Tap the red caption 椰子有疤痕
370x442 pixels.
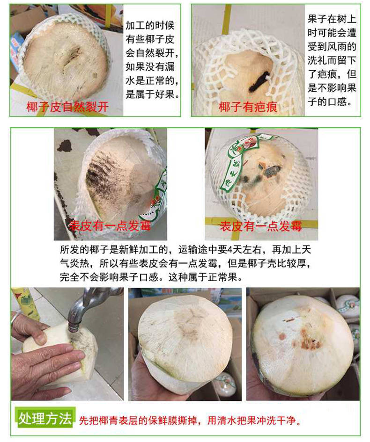coord(248,107)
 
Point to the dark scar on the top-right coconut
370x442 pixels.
coord(259,81)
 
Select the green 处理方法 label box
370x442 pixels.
coord(45,418)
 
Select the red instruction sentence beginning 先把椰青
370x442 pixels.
coord(190,420)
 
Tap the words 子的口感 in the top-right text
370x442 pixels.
coord(330,101)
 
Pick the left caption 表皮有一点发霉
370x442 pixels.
coord(110,226)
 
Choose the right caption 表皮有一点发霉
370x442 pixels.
coord(261,226)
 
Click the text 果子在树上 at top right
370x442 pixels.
coord(332,19)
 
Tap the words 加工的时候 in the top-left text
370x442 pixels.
coord(150,25)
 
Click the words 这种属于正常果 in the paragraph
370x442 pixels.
coord(205,277)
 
